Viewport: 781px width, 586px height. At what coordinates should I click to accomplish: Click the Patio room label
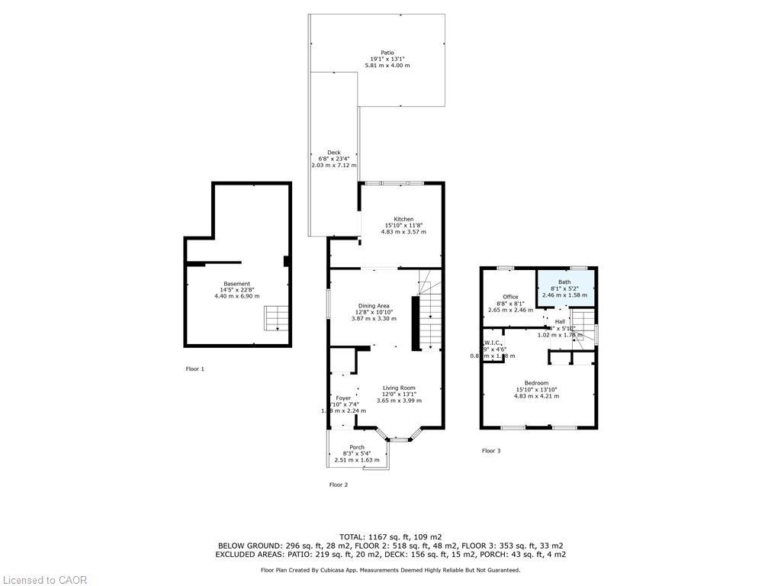[x=388, y=53]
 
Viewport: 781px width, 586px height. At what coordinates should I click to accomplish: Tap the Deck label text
[x=334, y=152]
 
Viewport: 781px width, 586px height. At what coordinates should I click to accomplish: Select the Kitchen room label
[x=403, y=219]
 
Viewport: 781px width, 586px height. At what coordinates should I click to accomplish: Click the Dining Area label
[x=374, y=305]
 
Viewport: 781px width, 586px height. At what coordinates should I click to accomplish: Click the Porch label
[x=357, y=447]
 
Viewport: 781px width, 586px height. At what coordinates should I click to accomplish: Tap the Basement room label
[x=236, y=284]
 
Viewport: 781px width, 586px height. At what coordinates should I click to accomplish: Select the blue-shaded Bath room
[x=564, y=288]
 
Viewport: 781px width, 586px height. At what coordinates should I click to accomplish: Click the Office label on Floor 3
[x=510, y=297]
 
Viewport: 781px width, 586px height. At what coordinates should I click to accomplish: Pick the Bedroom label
[x=536, y=382]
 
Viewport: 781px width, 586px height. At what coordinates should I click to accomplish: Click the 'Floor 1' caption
[x=195, y=369]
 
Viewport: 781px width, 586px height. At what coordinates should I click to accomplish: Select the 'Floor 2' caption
[x=338, y=485]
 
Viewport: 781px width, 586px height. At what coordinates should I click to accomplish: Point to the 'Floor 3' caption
[x=491, y=450]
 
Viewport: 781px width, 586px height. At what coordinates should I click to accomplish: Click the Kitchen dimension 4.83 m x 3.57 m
[x=403, y=231]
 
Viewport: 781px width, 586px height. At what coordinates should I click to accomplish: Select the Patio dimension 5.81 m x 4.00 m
[x=387, y=66]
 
